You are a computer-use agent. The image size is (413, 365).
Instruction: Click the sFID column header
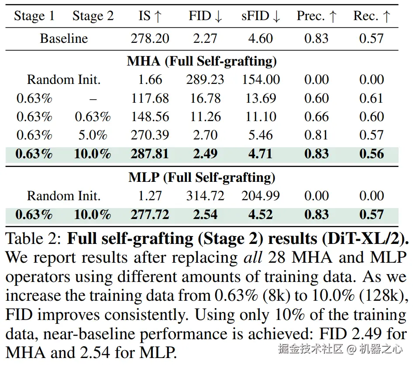[x=260, y=16]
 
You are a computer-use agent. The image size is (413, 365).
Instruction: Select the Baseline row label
[x=64, y=38]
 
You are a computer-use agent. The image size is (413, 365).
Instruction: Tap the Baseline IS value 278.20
[x=150, y=38]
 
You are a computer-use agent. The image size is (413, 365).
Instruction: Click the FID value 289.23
[x=205, y=80]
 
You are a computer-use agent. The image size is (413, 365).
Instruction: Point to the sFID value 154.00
[x=260, y=80]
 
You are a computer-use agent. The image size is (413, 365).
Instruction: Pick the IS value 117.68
[x=150, y=98]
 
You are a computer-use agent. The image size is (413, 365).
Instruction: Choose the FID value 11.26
[x=205, y=117]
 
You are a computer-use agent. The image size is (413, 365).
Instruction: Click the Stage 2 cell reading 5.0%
[x=93, y=136]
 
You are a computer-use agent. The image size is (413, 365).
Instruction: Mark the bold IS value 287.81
[x=150, y=154]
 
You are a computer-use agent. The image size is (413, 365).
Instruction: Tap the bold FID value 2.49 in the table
[x=205, y=154]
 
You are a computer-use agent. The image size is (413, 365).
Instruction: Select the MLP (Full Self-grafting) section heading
[x=202, y=177]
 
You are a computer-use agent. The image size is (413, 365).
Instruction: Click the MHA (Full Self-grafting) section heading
[x=202, y=61]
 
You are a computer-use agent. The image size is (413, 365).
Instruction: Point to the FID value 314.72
[x=205, y=196]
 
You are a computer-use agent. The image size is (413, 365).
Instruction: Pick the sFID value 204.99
[x=260, y=196]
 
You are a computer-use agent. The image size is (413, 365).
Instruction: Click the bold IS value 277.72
[x=150, y=215]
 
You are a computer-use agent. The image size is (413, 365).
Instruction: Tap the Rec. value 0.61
[x=372, y=98]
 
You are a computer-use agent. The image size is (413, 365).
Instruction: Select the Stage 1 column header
[x=34, y=16]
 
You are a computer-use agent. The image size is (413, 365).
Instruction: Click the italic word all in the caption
[x=253, y=258]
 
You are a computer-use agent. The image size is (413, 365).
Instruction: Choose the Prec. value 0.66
[x=317, y=117]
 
